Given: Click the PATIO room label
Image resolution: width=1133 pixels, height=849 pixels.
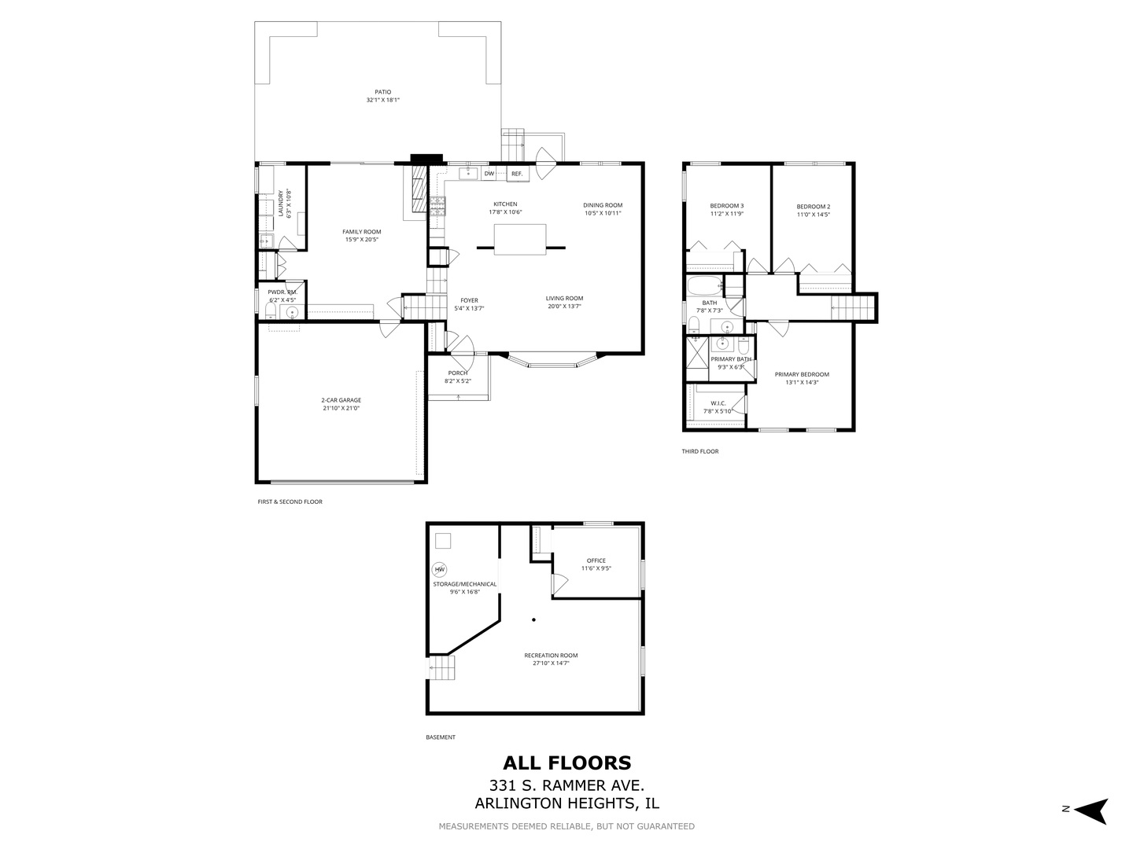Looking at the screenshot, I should (x=382, y=92).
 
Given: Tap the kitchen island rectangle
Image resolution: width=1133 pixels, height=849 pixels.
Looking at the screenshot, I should (x=520, y=239).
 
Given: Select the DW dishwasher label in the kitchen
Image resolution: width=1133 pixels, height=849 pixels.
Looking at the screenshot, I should (x=489, y=174).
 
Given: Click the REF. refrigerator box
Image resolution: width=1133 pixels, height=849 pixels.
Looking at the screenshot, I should (x=517, y=174).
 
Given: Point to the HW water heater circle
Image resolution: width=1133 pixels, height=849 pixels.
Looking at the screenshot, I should (x=439, y=570).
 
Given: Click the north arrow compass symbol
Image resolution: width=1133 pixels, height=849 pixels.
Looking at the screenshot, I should (x=1091, y=810).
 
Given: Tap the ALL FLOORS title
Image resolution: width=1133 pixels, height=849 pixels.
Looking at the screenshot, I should (x=566, y=763).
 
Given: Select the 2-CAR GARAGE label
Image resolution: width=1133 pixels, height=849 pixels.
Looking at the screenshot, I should (x=341, y=400).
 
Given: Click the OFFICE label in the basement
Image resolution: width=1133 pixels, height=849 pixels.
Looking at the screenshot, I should (x=596, y=560).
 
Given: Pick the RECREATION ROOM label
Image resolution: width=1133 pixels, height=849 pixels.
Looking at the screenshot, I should (x=551, y=656).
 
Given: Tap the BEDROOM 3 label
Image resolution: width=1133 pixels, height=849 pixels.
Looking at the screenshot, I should (x=726, y=206).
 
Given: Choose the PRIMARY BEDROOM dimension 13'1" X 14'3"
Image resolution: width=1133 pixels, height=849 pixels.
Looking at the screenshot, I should (x=801, y=383).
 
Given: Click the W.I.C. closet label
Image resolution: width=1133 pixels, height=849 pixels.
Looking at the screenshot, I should (x=718, y=403).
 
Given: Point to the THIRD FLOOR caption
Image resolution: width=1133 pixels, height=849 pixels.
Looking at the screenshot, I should (x=699, y=451).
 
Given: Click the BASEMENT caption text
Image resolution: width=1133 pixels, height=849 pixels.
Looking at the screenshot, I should (x=440, y=737).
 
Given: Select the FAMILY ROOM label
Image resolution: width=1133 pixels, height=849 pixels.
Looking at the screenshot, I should (x=361, y=232).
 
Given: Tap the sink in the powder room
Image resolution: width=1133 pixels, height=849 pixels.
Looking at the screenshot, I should (x=292, y=313).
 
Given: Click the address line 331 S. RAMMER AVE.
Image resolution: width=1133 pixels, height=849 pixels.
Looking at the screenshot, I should (x=566, y=785).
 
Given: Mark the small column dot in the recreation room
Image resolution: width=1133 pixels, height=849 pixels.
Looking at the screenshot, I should (x=533, y=620).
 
